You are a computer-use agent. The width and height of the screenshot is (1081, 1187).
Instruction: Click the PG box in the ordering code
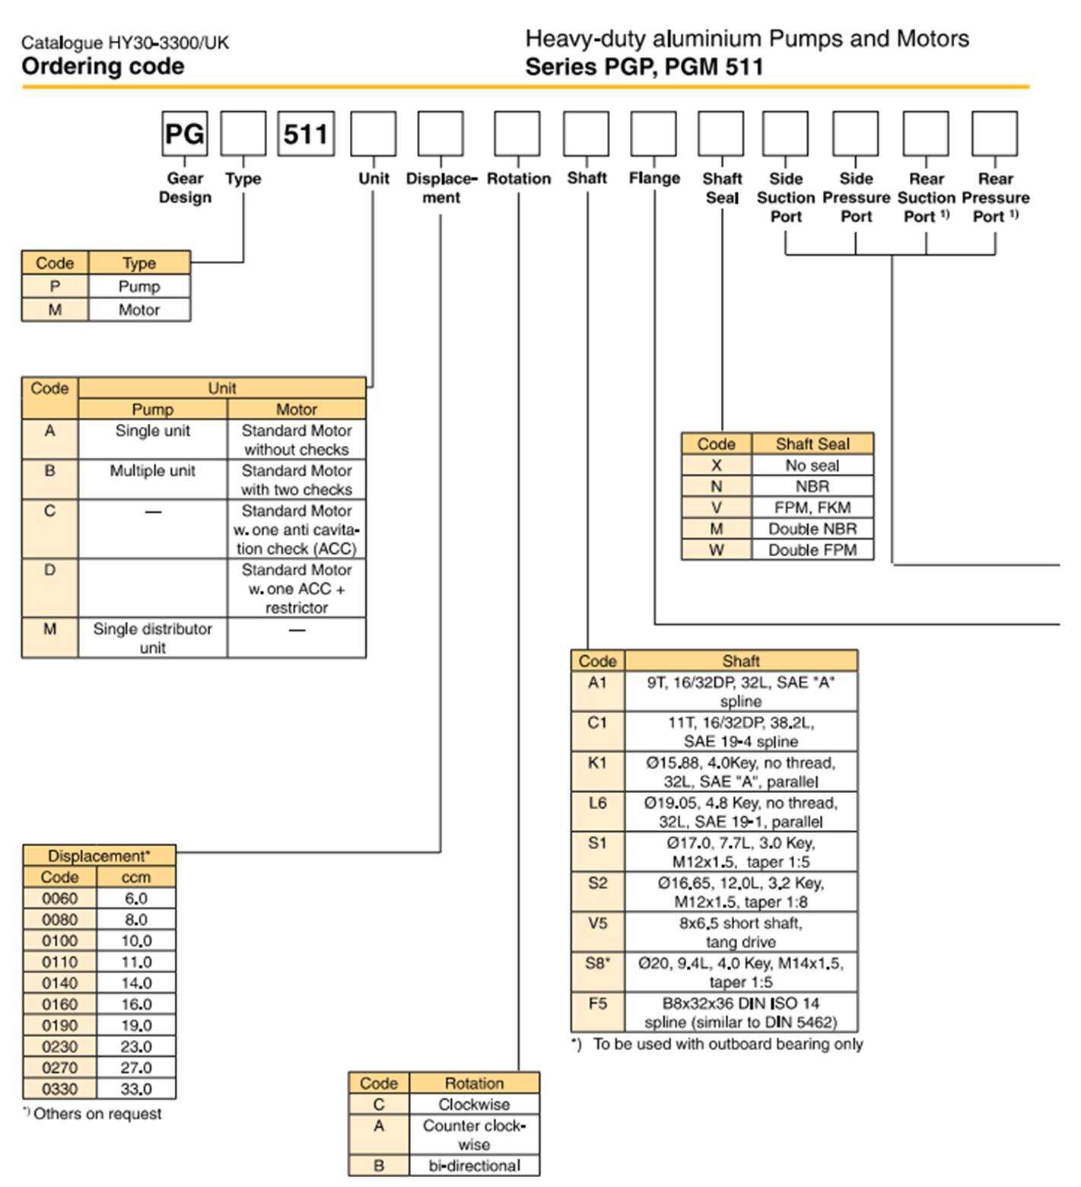[184, 134]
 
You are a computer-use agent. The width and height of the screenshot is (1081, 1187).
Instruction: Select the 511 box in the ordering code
[306, 134]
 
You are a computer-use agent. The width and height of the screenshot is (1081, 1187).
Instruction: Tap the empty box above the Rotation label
[517, 134]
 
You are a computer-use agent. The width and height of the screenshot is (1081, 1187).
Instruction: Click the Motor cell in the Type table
[139, 310]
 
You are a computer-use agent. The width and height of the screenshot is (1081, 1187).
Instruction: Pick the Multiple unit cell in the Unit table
[152, 471]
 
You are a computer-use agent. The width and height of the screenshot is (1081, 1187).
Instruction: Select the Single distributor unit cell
[152, 638]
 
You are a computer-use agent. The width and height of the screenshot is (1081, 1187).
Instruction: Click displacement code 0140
[59, 983]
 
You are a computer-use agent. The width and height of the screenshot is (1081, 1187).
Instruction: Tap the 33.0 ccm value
[136, 1089]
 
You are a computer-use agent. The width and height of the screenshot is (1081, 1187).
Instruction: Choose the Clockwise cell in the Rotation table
[474, 1104]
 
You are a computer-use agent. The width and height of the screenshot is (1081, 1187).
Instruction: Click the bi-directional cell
[474, 1166]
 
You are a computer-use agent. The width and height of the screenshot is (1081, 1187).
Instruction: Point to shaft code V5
[598, 923]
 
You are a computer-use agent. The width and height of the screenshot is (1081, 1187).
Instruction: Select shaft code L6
[598, 803]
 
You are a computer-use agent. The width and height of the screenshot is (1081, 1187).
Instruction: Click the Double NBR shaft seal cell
[812, 529]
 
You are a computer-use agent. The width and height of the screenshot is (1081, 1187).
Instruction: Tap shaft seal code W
[716, 549]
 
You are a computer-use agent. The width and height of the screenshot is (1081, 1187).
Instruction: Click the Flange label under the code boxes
[654, 178]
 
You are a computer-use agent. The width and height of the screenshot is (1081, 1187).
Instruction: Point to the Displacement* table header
[99, 856]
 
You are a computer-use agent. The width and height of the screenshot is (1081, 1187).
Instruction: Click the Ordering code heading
[103, 66]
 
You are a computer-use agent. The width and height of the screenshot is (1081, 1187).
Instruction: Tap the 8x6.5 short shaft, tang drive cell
[740, 932]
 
